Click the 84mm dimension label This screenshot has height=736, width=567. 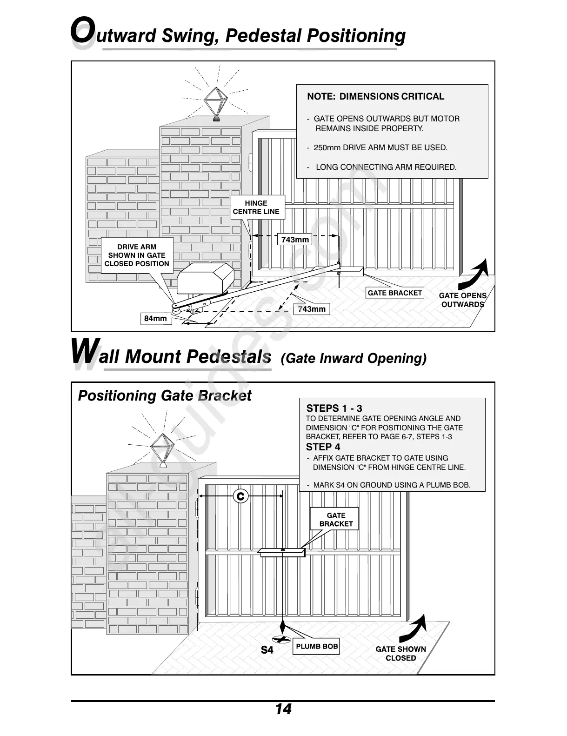click(155, 319)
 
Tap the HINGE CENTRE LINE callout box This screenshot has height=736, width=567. click(256, 207)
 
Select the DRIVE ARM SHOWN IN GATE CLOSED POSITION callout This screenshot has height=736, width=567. click(137, 255)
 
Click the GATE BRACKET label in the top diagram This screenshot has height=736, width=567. click(395, 293)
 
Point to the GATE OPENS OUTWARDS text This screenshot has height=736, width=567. click(462, 300)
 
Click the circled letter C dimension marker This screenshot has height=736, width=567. click(240, 496)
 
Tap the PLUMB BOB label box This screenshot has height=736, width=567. click(317, 647)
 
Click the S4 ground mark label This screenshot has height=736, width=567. click(267, 650)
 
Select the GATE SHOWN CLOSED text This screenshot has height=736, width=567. click(400, 654)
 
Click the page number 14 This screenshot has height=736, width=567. click(283, 709)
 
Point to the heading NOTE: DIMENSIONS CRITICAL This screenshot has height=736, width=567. click(375, 97)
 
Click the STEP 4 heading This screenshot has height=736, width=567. click(323, 447)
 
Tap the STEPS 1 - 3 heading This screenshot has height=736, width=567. click(334, 408)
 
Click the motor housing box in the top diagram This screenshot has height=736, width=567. click(206, 278)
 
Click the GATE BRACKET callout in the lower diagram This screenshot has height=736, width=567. click(336, 520)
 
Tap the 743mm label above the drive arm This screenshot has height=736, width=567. click(295, 240)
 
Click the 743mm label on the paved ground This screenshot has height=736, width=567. click(312, 309)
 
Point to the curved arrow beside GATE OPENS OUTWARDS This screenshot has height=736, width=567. click(475, 274)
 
